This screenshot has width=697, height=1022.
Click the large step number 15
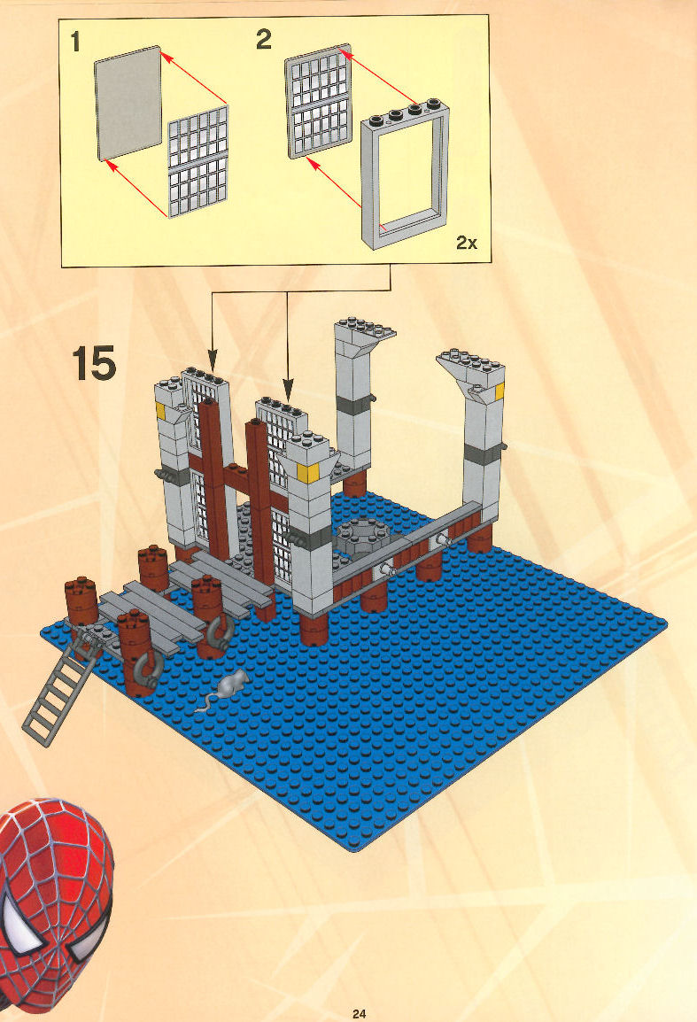pyautogui.click(x=95, y=363)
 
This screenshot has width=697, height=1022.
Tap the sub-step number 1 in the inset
pyautogui.click(x=75, y=43)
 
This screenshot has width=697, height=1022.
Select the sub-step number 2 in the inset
pyautogui.click(x=263, y=40)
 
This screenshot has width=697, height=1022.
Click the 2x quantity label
pyautogui.click(x=467, y=244)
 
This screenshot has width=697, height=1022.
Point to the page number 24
pyautogui.click(x=359, y=1013)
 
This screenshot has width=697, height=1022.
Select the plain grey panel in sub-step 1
pyautogui.click(x=128, y=103)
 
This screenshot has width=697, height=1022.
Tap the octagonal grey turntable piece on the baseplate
pyautogui.click(x=363, y=536)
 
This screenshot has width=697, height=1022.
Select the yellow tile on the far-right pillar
pyautogui.click(x=500, y=391)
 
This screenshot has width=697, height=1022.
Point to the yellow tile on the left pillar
pyautogui.click(x=160, y=411)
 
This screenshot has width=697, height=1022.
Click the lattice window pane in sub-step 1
pyautogui.click(x=198, y=162)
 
